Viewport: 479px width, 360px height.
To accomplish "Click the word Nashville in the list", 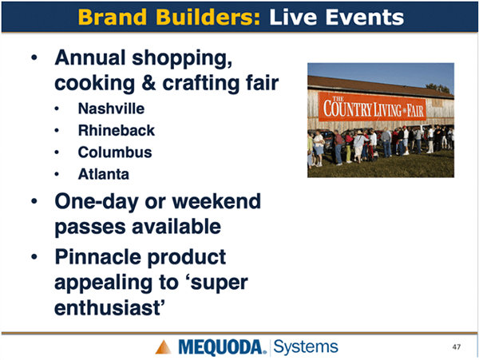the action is coord(111,109).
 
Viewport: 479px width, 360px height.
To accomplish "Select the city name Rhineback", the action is coord(117,130).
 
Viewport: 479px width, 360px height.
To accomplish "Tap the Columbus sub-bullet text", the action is coord(115,152).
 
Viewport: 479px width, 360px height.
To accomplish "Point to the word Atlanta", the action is coord(104,174).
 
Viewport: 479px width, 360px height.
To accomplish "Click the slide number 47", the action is coord(457,347).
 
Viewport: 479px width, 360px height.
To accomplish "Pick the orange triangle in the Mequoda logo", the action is coord(164,347).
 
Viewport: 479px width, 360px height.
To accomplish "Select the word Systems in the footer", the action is coord(306,347).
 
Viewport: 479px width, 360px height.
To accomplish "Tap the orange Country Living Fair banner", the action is coord(372,107).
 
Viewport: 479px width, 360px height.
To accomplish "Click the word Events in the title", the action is coord(365,17).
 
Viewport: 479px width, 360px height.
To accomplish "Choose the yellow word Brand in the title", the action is coord(113,17).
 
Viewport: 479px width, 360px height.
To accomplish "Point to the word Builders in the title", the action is coord(208,17).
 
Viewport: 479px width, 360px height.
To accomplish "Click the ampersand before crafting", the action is coord(148,83).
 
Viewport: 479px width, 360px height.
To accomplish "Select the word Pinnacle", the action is coord(97,257).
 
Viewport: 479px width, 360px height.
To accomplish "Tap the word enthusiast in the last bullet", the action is coord(107,308).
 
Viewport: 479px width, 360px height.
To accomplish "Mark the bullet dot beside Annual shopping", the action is coord(34,57).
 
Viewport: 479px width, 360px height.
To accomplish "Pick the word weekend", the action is coord(216,201).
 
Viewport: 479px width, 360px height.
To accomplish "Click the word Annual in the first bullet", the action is coord(90,57).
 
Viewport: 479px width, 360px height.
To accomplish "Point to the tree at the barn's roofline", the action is coord(438,88).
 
